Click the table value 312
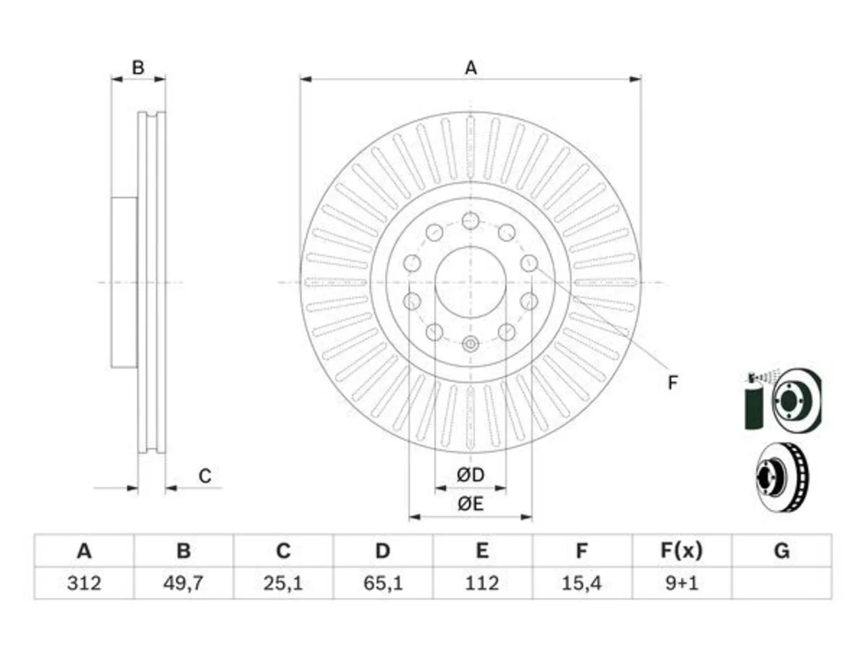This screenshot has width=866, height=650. coord(84,583)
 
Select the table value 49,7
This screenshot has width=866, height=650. coord(183,583)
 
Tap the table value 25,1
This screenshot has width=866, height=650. coord(283,583)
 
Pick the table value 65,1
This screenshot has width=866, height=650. coord(383,583)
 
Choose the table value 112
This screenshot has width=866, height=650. coord(482,583)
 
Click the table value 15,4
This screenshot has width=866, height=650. coord(582,583)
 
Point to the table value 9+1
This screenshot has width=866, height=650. coord(681,583)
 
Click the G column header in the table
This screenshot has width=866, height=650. coord(781,550)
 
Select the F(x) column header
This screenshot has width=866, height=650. coord(681,550)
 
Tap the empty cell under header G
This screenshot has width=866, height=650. coord(781,583)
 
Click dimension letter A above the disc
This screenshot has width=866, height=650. coord(471,68)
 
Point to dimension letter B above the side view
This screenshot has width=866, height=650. coord(138,68)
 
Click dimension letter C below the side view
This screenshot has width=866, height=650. coord(205,476)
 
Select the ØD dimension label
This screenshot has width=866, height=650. coord(470,475)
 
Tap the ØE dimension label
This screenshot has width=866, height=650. coord(470,504)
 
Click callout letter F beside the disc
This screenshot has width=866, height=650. coord(673,383)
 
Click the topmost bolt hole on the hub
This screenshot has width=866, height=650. coord(470,221)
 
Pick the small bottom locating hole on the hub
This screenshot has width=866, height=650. coord(470,344)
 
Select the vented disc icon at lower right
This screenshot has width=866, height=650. coord(783,477)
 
